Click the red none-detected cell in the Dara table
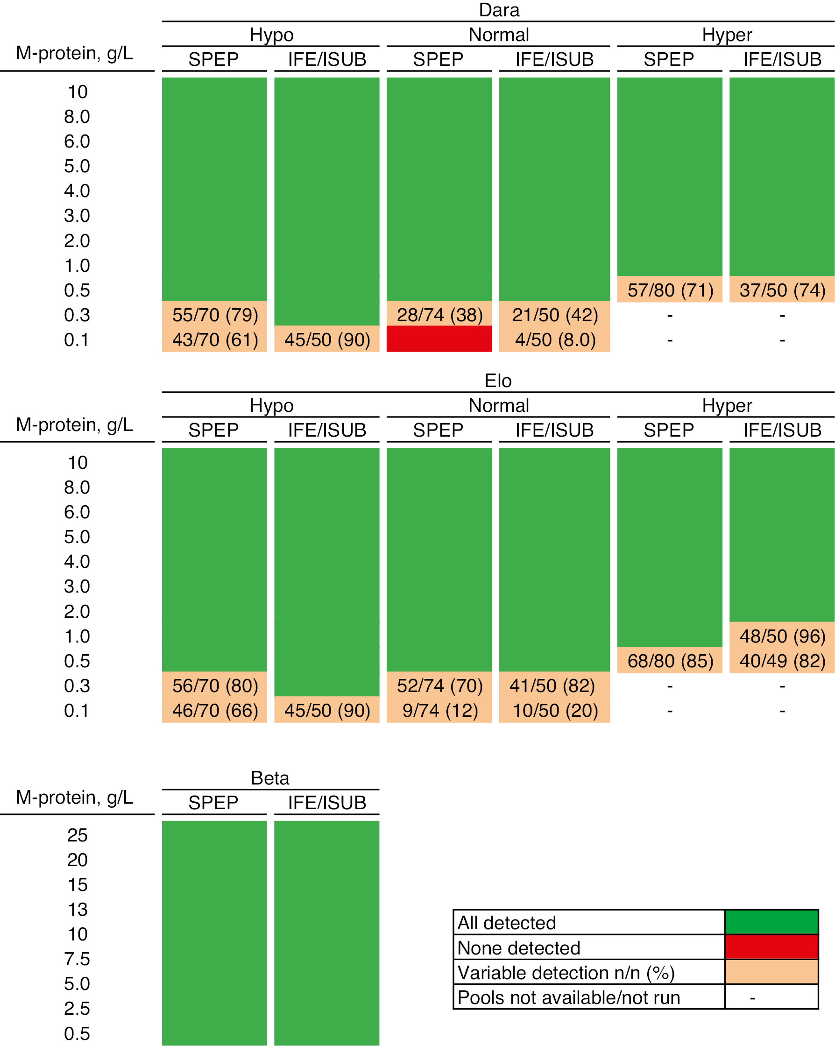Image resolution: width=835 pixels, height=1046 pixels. pos(439,338)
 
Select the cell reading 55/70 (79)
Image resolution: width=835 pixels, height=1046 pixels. pos(214,315)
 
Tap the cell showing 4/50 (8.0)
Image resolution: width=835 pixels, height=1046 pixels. pos(554,339)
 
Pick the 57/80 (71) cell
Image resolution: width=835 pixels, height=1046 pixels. pos(670,290)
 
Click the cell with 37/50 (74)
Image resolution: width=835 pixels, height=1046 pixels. pos(782,290)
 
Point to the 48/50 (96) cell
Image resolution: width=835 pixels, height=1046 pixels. pos(782,636)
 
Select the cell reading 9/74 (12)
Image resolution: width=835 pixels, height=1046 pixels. pos(439,710)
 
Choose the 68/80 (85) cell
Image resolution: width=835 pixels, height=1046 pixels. pos(670,661)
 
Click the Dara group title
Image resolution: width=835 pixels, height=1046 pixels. pos(498,10)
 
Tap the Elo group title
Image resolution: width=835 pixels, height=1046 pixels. pos(498,381)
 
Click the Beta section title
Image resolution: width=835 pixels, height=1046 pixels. pos(270,777)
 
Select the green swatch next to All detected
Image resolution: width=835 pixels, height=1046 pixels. pos(771,922)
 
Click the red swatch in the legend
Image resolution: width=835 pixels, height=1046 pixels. pos(771,947)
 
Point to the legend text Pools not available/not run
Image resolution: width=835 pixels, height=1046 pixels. pos(568,997)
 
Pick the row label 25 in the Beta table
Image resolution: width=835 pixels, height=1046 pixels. pos(77,835)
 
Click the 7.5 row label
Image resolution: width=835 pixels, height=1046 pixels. pos(77,959)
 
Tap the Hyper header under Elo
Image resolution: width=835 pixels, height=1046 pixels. pos(726,405)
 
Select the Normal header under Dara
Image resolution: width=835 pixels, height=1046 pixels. pos(498,35)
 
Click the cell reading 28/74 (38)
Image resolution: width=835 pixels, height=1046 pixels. pos(439,315)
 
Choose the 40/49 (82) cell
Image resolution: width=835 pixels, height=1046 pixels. pos(782,661)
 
